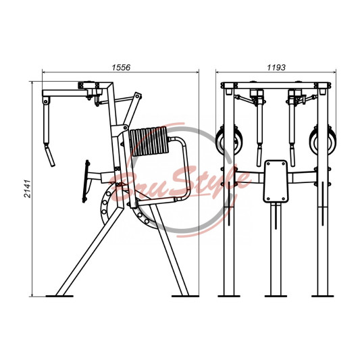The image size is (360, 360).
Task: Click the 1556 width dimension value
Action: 121,68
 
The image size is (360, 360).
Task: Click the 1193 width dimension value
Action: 276,68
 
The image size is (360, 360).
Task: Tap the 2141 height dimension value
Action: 28,188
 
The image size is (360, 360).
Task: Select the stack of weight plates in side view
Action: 149,141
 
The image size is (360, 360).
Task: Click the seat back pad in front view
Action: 276,182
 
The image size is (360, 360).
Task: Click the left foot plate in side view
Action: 59,297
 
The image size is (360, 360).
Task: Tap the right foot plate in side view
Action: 185,297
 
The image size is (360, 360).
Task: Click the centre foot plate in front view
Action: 276,297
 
